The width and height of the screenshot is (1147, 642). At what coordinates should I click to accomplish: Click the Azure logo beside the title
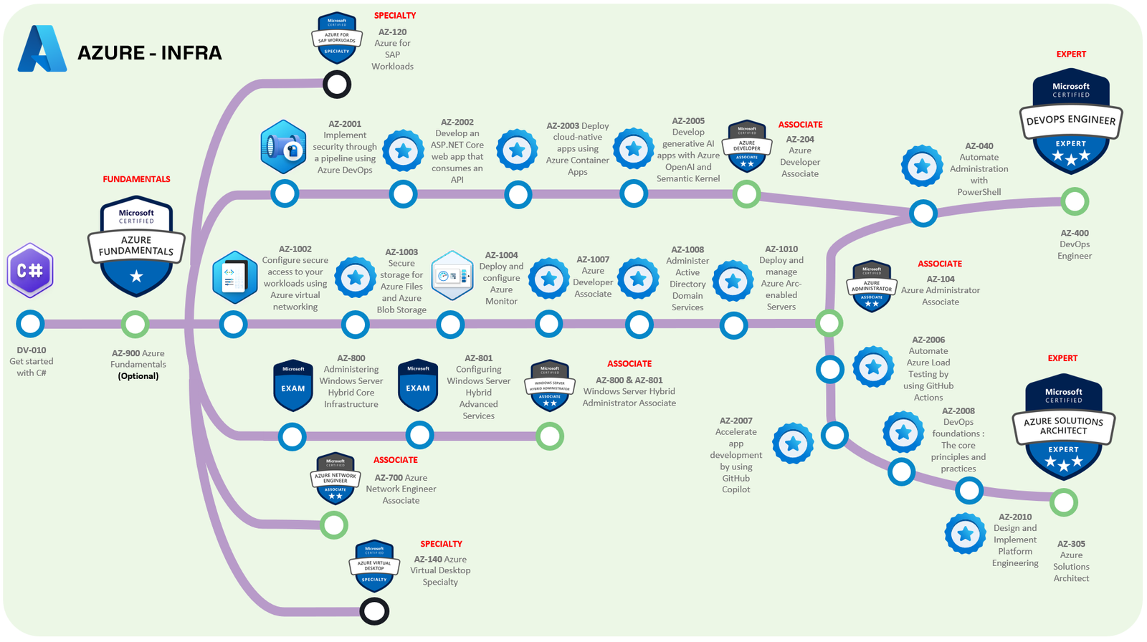coord(42,49)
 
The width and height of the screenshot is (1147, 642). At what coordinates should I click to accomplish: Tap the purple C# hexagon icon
coord(30,271)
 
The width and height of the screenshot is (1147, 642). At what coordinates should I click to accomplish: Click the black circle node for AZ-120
coord(337,85)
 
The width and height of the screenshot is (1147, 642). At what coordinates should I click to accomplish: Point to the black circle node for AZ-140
coord(374,611)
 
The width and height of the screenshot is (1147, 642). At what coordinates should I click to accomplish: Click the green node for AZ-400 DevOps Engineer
coord(1074,201)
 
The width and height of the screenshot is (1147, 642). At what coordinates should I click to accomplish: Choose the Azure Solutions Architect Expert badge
coord(1063,426)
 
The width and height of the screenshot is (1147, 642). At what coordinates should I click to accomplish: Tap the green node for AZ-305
coord(1064,502)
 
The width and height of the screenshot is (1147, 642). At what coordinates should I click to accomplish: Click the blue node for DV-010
coord(30,324)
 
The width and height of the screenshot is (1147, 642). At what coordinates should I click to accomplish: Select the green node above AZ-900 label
coord(135,324)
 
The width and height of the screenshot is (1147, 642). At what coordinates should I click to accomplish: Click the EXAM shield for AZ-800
coord(293,385)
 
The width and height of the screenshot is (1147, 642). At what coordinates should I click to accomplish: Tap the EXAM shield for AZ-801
coord(418,385)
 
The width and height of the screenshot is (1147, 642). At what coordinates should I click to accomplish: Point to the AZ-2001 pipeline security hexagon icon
coord(284,147)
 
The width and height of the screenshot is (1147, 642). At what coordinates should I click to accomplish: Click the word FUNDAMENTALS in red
coord(136,179)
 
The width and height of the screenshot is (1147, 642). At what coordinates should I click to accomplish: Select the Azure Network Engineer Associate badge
coord(335,478)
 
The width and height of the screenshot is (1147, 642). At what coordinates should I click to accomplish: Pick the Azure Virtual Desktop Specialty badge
coord(374,565)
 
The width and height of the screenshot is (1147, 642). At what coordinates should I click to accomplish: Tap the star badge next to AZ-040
coord(922,166)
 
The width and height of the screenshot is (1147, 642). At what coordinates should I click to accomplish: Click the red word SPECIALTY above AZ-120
coord(395,15)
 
